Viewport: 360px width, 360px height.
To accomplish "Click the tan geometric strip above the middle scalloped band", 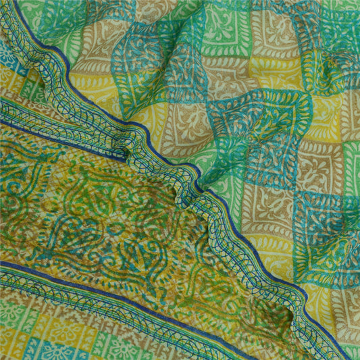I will pos(27,108).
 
